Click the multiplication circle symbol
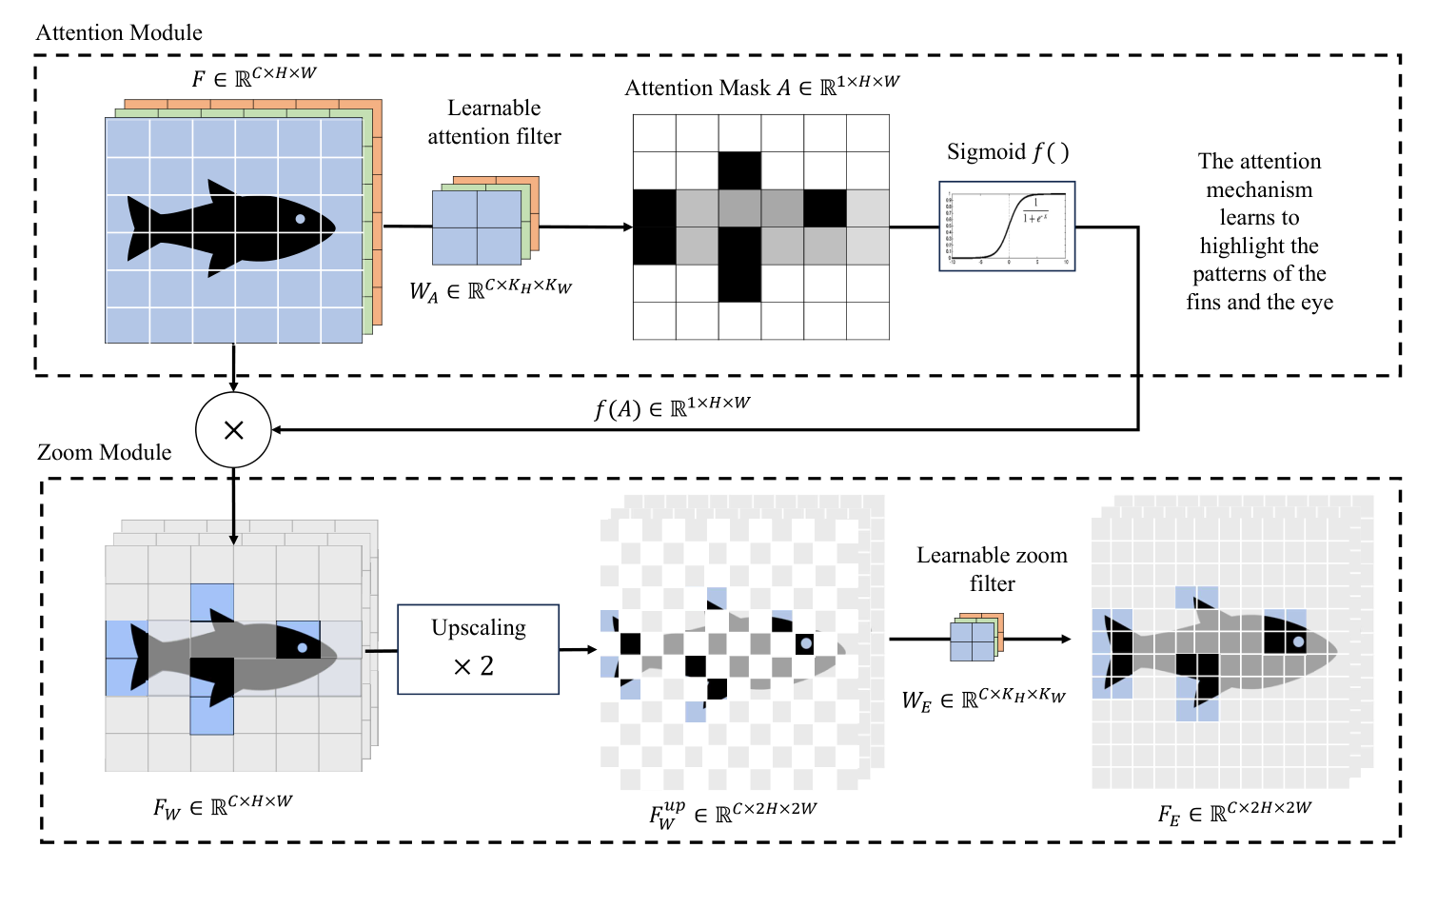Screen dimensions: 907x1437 pos(233,430)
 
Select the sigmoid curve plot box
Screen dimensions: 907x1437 pos(1007,227)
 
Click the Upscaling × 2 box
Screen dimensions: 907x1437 pos(478,649)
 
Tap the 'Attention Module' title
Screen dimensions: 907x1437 pos(119,32)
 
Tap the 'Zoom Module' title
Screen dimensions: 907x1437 pos(105,452)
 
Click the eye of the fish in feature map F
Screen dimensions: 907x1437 pos(301,219)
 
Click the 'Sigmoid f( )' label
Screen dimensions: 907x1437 pos(1008,152)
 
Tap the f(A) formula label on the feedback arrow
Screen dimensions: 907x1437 pos(672,407)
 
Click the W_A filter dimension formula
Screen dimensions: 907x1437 pos(490,290)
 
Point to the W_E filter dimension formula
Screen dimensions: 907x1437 pos(983,700)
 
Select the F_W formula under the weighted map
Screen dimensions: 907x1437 pos(223,806)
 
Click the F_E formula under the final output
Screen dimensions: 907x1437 pos(1233,813)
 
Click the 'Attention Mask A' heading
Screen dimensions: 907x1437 pos(761,88)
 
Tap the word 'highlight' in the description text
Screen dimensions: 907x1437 pos(1258,246)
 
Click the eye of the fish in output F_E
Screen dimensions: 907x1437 pos(1297,641)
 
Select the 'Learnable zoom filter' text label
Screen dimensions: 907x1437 pos(992,569)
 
